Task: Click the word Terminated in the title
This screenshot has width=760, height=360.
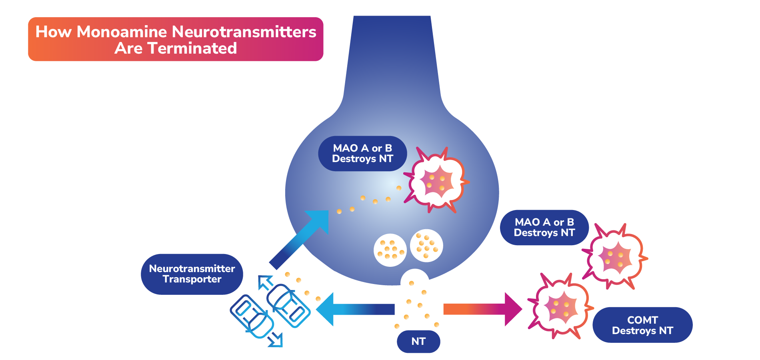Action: coord(192,48)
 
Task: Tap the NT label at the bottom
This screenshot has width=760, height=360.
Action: coord(418,341)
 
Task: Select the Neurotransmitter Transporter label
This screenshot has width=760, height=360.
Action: coord(192,274)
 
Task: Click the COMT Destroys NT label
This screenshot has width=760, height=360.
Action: coord(642,325)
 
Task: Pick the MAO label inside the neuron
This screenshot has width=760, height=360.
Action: coord(362,154)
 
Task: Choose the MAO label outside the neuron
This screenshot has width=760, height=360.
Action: coord(544,227)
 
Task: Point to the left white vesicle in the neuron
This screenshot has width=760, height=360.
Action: coord(390,250)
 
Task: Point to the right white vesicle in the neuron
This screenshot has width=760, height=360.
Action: coord(426,245)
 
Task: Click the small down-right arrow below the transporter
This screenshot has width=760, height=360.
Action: coord(276,340)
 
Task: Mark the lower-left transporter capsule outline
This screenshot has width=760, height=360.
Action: coord(252,316)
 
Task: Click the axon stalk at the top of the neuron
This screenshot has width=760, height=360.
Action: coord(392,56)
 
